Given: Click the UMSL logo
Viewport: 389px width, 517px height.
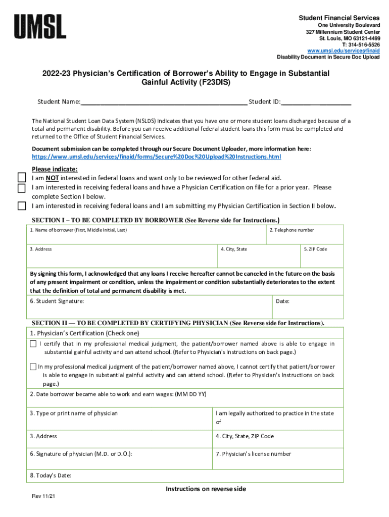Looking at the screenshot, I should click(x=40, y=26).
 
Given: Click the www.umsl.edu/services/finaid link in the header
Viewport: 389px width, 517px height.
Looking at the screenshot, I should click(x=344, y=50).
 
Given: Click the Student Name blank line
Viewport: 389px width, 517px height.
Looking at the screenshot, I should click(x=164, y=102).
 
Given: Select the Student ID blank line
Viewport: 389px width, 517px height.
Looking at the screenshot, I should click(x=316, y=102).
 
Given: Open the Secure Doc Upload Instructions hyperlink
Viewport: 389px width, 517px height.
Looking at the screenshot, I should click(x=156, y=157).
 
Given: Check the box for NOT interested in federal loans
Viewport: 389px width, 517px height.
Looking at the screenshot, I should click(x=22, y=178).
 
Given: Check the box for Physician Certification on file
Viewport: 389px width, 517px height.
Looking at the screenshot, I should click(x=22, y=188).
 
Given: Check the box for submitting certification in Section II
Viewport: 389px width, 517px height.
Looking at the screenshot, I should click(x=22, y=206).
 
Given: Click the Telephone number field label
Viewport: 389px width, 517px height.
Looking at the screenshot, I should click(x=291, y=230).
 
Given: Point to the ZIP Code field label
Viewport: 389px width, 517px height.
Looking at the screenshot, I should click(x=315, y=249).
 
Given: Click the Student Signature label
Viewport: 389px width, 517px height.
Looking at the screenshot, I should click(x=57, y=301).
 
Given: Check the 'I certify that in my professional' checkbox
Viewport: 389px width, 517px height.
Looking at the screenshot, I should click(x=33, y=344).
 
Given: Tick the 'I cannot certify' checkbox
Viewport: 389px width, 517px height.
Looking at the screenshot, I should click(x=33, y=367).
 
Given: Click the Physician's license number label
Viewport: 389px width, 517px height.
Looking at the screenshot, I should click(x=253, y=454).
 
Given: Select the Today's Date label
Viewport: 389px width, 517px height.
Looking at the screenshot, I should click(x=51, y=476).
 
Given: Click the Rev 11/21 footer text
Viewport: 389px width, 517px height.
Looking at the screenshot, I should click(x=43, y=497).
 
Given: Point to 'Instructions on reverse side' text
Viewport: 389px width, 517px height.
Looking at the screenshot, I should click(x=206, y=489).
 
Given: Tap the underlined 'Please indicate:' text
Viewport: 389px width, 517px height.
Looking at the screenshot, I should click(x=55, y=169).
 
